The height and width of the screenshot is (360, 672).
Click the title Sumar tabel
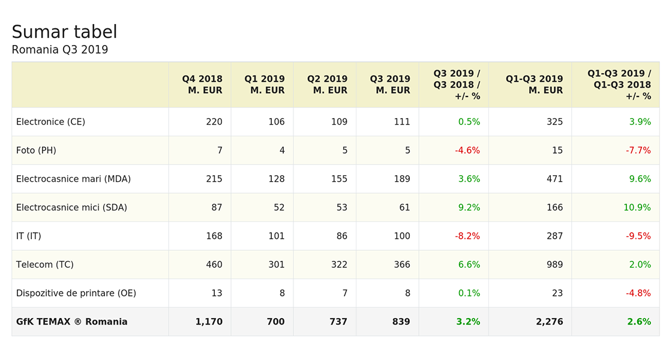[x=64, y=32]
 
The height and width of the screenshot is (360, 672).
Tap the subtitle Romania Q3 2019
[x=59, y=50]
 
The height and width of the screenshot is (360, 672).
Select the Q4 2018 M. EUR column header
[x=202, y=85]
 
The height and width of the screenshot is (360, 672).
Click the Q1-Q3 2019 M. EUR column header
[x=534, y=85]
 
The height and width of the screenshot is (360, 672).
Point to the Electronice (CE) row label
[x=50, y=122]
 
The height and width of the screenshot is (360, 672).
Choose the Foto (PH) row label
[x=36, y=151]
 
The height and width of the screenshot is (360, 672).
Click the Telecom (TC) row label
[x=44, y=265]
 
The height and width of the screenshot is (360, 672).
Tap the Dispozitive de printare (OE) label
[x=76, y=293]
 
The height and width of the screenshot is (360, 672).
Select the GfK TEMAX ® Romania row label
[x=71, y=322]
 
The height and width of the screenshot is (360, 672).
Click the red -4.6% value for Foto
[x=467, y=151]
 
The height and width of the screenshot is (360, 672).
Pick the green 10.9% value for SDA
[x=637, y=208]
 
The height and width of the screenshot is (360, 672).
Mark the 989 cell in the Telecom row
[x=554, y=265]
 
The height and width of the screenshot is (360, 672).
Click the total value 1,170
[x=209, y=322]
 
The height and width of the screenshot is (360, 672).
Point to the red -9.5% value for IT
[x=638, y=236]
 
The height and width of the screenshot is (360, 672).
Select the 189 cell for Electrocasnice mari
[x=402, y=179]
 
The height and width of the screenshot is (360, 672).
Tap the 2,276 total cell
[x=550, y=322]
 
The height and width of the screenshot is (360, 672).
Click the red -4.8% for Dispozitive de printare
[x=638, y=293]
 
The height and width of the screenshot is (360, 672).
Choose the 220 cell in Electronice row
[x=214, y=122]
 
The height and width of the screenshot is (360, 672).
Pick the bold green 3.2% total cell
[x=468, y=322]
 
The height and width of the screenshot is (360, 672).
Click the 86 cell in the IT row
[x=341, y=236]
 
